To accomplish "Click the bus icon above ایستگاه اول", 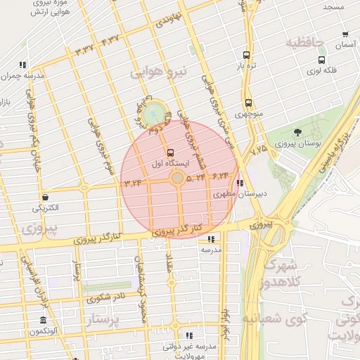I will pyautogui.click(x=169, y=152).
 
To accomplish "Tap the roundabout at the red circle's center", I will pyautogui.click(x=178, y=179).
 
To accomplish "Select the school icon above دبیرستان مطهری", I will pyautogui.click(x=240, y=184).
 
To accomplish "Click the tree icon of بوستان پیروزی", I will pyautogui.click(x=297, y=132).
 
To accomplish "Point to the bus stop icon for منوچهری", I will pyautogui.click(x=248, y=103).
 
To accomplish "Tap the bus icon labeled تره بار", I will pyautogui.click(x=245, y=55).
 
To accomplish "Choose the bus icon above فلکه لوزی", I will pyautogui.click(x=321, y=60).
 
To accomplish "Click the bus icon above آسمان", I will pyautogui.click(x=345, y=34).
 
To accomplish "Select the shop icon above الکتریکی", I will pyautogui.click(x=46, y=198).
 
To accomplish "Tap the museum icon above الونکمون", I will pyautogui.click(x=44, y=321).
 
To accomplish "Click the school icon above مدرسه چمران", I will pyautogui.click(x=23, y=65).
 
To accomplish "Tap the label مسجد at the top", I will pyautogui.click(x=333, y=6).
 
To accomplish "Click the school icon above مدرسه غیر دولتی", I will pyautogui.click(x=188, y=335).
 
